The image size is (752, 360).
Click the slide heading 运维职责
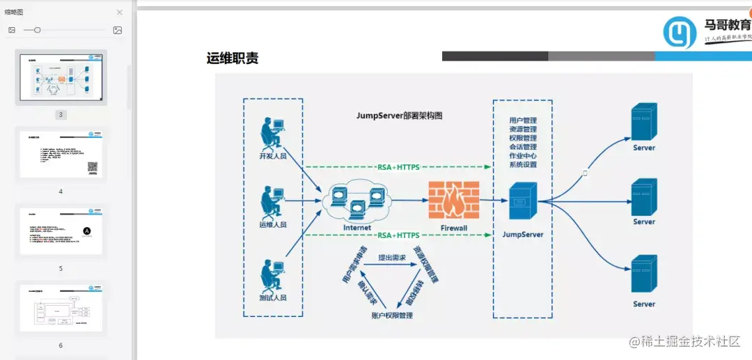(233, 58)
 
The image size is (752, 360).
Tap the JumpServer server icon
(523, 203)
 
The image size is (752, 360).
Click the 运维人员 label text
(273, 225)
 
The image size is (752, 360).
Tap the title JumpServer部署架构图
(399, 116)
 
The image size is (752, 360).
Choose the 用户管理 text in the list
(523, 120)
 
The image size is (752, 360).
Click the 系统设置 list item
(523, 165)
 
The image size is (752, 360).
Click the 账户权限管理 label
(393, 316)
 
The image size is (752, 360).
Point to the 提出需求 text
(393, 258)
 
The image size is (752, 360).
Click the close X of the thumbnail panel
(119, 12)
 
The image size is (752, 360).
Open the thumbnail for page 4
(61, 155)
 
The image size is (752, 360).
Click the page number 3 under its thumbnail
(61, 115)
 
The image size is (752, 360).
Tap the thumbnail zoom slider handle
(38, 30)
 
